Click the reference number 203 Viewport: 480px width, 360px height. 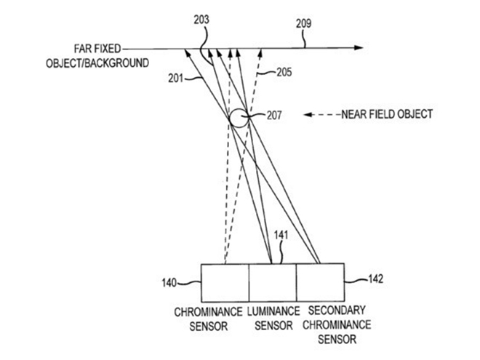(x=201, y=20)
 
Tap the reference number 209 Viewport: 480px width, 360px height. (x=303, y=23)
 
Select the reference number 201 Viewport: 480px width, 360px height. (x=175, y=79)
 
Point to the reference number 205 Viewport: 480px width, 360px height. (x=284, y=72)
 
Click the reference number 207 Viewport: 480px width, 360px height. (x=274, y=116)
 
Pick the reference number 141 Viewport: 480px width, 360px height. (x=281, y=235)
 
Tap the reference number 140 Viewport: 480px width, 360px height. (x=169, y=283)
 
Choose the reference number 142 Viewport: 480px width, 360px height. (x=375, y=279)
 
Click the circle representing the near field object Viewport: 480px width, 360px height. (x=230, y=118)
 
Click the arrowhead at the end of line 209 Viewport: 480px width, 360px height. (x=359, y=48)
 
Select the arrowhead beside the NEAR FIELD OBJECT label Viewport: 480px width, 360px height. (x=308, y=115)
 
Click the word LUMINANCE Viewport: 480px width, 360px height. (x=273, y=311)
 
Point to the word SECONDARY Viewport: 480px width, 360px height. (x=337, y=311)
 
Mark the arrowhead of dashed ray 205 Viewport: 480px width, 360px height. (x=260, y=52)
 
